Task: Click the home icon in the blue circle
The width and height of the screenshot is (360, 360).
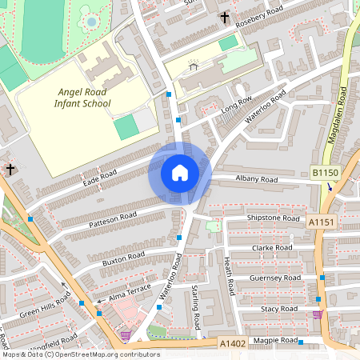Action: pos(180,172)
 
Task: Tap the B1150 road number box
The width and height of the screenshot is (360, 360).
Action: pos(326,172)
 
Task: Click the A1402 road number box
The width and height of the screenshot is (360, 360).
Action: pos(232,343)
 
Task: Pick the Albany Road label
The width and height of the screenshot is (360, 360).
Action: pos(257,179)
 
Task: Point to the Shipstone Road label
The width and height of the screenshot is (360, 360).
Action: pos(273,218)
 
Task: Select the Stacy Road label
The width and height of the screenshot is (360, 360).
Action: pos(278,309)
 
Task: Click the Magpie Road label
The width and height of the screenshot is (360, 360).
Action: pos(274,341)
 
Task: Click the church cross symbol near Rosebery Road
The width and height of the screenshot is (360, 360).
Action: pos(225,17)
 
